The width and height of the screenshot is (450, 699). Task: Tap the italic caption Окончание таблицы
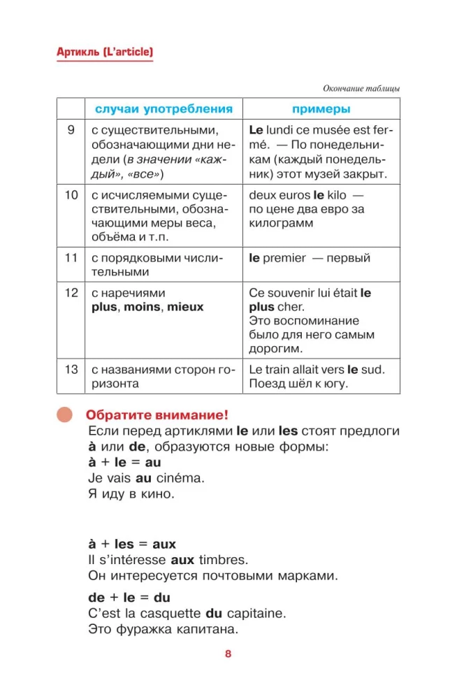(x=361, y=89)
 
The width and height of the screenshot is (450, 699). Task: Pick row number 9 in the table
(x=71, y=131)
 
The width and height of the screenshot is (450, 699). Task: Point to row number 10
(x=71, y=195)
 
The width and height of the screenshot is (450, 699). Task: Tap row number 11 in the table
(x=71, y=258)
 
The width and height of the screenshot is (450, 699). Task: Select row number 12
(x=71, y=293)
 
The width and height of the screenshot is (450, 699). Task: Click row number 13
(x=71, y=370)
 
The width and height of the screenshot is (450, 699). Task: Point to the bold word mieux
(x=185, y=307)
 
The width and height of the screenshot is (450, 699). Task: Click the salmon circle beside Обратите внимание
(x=65, y=415)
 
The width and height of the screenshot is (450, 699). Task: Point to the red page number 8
(x=228, y=654)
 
